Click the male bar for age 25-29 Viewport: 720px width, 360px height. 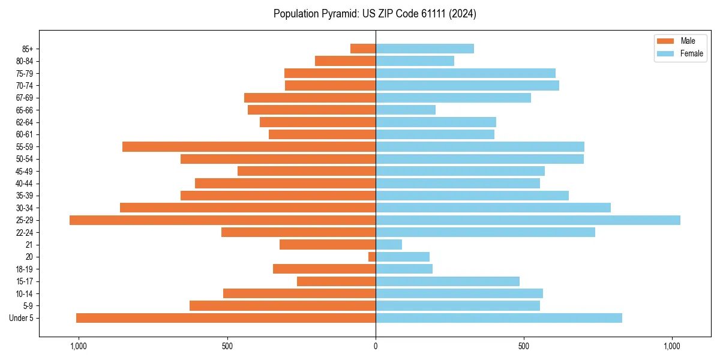click(222, 220)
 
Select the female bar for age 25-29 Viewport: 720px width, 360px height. click(528, 220)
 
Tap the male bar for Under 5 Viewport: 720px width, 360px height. click(226, 318)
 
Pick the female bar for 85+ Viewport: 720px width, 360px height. click(425, 49)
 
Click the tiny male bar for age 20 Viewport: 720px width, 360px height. click(372, 257)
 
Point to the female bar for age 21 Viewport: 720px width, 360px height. click(389, 245)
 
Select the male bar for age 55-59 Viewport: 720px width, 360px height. click(249, 147)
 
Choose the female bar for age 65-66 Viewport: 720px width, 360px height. click(406, 110)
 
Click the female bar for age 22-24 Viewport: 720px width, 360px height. click(485, 232)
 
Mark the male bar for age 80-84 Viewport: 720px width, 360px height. click(345, 61)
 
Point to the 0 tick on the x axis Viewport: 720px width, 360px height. click(376, 346)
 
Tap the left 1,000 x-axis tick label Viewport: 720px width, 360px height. click(79, 346)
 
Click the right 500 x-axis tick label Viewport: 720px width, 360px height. click(524, 346)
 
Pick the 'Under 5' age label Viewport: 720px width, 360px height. click(21, 318)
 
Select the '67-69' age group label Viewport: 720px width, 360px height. click(25, 98)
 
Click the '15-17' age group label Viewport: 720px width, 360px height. click(25, 281)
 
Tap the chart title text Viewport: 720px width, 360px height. click(375, 14)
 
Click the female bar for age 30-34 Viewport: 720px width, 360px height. click(493, 208)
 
